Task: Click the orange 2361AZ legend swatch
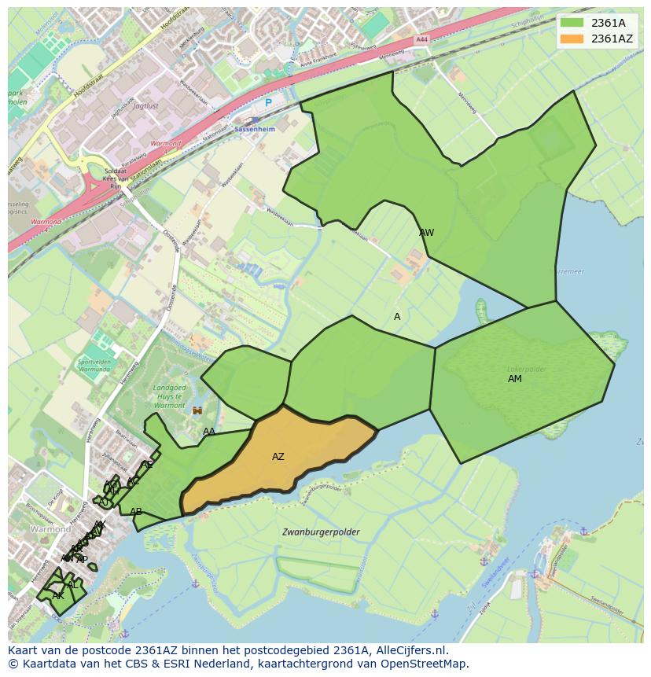[x=572, y=39]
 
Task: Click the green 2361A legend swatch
[x=572, y=23]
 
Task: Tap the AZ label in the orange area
[x=278, y=457]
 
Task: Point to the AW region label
[x=427, y=233]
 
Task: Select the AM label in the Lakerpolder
[x=515, y=379]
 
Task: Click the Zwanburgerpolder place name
[x=321, y=532]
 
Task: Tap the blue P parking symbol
[x=268, y=103]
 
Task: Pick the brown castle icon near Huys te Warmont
[x=197, y=410]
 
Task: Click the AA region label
[x=209, y=432]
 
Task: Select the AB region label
[x=136, y=512]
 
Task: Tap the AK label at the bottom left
[x=57, y=596]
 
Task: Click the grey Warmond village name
[x=50, y=530]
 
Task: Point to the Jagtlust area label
[x=145, y=105]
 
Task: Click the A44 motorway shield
[x=422, y=39]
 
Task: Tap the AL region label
[x=72, y=586]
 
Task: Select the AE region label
[x=147, y=465]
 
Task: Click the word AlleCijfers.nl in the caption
[x=410, y=650]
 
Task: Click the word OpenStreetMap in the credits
[x=428, y=664]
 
